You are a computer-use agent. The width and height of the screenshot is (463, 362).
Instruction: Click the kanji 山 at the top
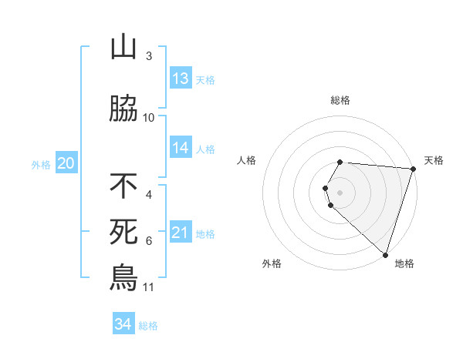coord(123,48)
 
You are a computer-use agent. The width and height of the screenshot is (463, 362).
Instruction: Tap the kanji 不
coord(123,186)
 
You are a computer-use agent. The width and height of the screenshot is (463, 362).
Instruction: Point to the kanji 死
coord(123,231)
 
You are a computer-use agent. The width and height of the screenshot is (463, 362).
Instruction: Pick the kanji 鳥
coord(123,277)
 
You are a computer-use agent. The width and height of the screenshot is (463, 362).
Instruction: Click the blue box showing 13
coord(181,79)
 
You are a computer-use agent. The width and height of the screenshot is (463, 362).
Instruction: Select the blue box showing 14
coord(181,149)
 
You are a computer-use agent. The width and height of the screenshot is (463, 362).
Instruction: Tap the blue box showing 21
coord(181,233)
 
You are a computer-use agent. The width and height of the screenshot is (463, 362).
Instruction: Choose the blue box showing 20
coord(66,163)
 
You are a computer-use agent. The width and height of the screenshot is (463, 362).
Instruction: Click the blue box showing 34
coord(123,324)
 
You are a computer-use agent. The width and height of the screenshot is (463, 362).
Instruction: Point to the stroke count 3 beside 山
coord(148,56)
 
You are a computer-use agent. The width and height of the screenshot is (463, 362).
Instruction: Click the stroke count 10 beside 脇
coord(149,118)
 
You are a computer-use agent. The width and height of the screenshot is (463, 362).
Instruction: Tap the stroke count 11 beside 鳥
coord(148,287)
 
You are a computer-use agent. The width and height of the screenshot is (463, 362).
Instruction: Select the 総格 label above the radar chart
coord(340,100)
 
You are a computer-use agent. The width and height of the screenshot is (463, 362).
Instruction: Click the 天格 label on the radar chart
coord(434,160)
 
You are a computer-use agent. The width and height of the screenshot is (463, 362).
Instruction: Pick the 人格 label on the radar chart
coord(247,160)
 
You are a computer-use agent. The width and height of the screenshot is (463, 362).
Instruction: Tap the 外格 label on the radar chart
coord(272,263)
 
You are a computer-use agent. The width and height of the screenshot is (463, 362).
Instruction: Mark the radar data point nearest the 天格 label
coord(413,169)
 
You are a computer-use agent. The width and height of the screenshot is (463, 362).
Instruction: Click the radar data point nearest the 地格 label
coord(385,254)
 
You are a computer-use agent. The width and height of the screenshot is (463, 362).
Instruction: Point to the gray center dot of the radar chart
coord(340,192)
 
